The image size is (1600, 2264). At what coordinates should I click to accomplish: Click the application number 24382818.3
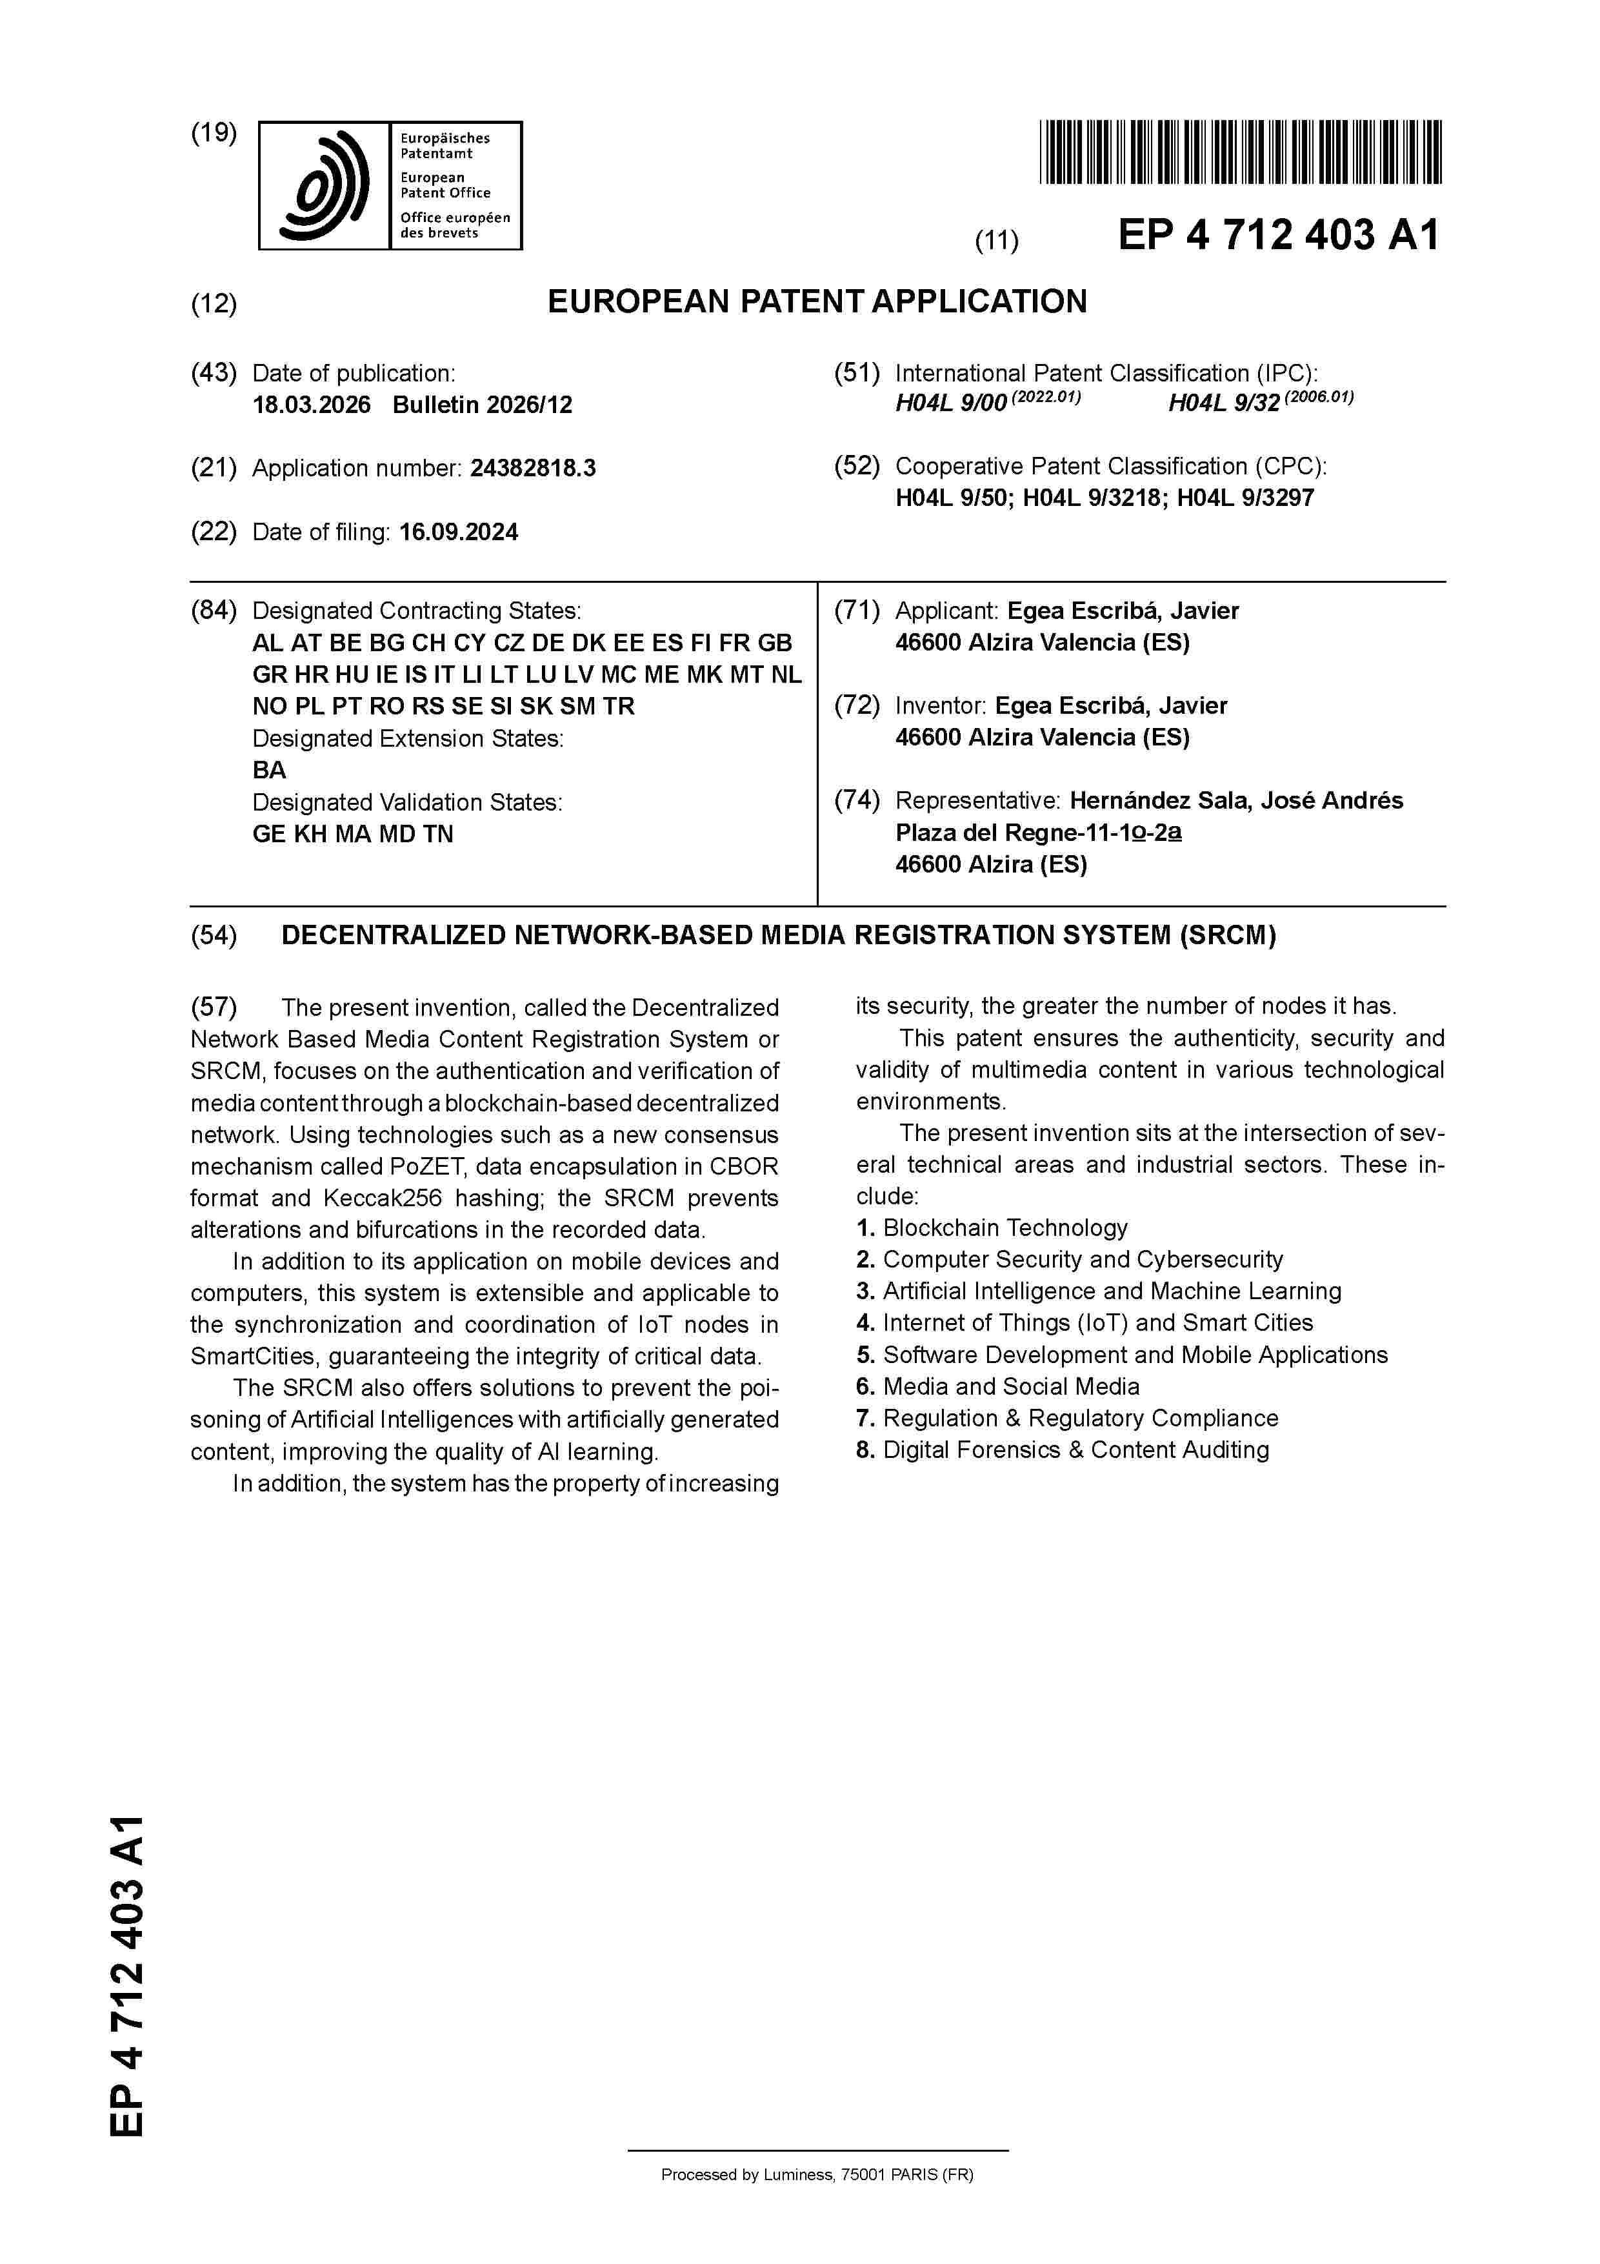click(532, 469)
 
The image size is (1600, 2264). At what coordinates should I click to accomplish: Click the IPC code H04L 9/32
click(1223, 403)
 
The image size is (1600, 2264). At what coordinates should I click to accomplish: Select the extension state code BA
click(269, 770)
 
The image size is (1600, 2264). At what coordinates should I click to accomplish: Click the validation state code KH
click(310, 834)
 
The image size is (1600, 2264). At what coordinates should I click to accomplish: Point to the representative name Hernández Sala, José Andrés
click(1236, 801)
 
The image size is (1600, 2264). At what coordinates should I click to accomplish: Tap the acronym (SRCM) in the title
click(1226, 936)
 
